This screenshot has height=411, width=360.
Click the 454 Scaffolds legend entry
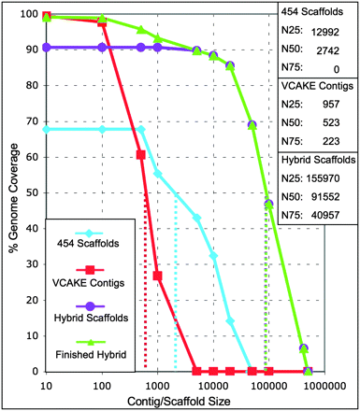pyautogui.click(x=93, y=245)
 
